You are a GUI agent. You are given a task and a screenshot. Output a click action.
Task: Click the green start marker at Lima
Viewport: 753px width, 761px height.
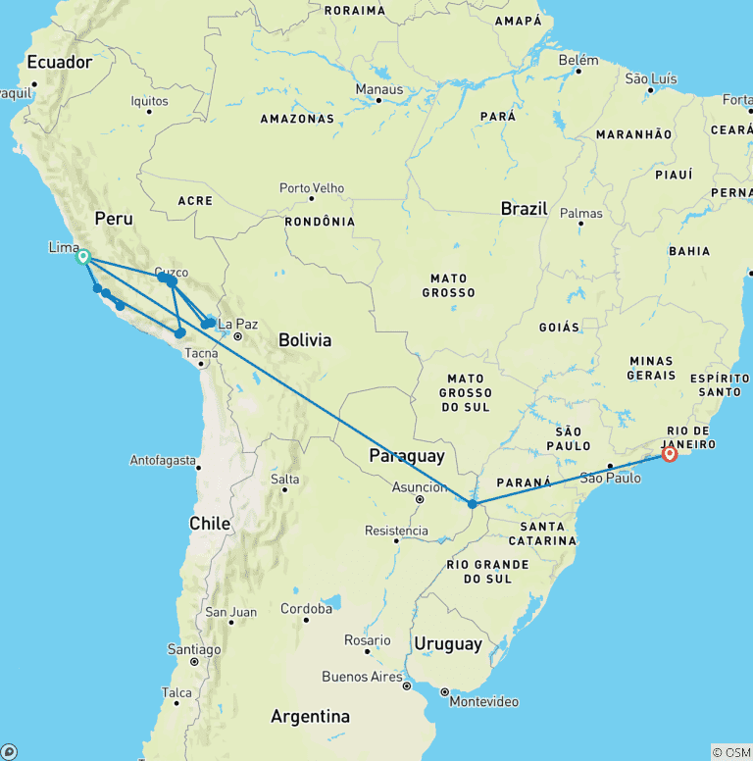tap(83, 257)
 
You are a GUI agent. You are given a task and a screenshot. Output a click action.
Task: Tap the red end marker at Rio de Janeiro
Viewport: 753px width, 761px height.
tap(670, 454)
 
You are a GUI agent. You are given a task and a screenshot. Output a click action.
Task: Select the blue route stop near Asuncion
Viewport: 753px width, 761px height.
tap(473, 503)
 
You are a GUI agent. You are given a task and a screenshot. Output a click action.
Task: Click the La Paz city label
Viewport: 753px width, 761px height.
tap(237, 324)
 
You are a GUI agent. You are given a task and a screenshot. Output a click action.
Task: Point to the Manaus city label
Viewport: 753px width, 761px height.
tap(378, 89)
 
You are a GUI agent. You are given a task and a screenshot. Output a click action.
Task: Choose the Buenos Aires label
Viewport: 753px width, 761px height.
tap(363, 677)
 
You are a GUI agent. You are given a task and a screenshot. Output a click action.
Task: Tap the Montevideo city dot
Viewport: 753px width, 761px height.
tap(444, 690)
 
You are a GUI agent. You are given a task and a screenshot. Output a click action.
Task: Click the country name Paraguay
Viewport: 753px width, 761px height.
tap(406, 456)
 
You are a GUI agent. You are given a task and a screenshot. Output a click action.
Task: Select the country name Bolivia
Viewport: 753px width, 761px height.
tap(305, 340)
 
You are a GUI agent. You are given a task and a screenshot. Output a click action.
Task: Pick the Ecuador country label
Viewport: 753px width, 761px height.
tap(59, 62)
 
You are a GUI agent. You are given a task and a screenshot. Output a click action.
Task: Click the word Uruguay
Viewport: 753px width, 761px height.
tap(447, 644)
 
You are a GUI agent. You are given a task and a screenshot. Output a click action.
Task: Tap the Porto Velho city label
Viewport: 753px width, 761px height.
tap(311, 187)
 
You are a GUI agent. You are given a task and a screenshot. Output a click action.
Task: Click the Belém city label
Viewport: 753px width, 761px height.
tap(577, 59)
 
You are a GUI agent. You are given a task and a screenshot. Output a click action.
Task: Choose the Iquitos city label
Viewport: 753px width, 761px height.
tap(149, 100)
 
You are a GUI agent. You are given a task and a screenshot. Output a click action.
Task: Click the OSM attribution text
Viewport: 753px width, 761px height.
tap(731, 752)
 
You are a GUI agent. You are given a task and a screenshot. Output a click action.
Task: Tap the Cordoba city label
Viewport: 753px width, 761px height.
tap(306, 608)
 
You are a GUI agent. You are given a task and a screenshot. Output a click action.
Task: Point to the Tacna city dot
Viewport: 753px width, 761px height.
tap(202, 364)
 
